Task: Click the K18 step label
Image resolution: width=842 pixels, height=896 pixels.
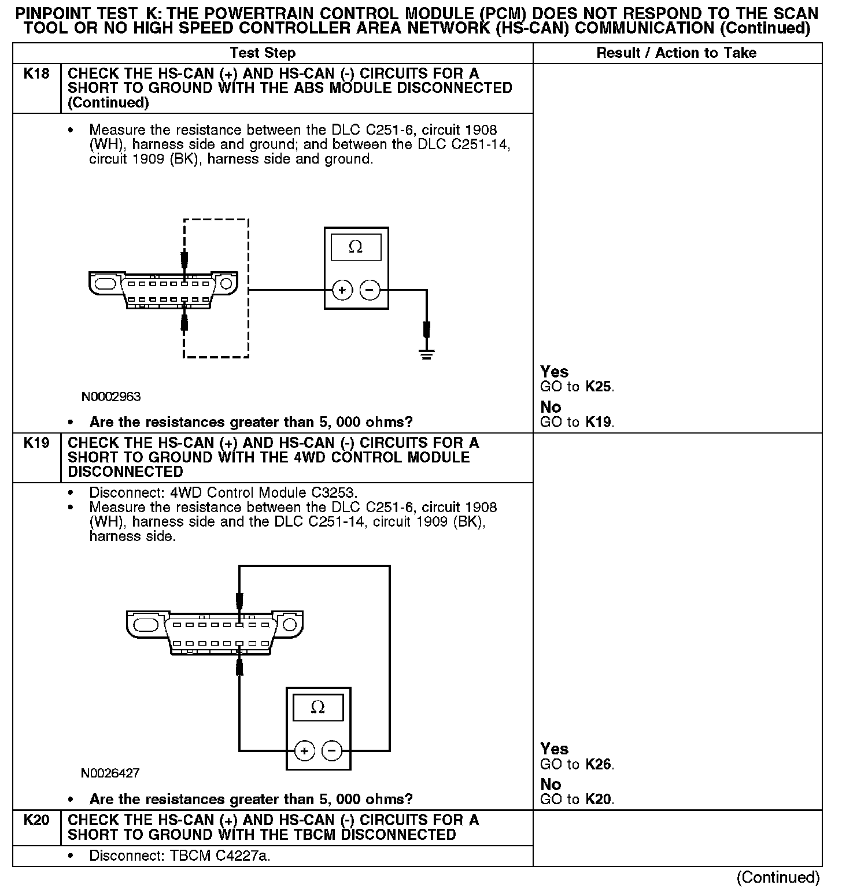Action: (36, 74)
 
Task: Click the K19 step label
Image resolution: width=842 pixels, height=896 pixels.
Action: (36, 443)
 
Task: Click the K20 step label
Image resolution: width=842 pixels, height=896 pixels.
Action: (36, 820)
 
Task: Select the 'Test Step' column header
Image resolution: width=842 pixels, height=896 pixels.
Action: (263, 53)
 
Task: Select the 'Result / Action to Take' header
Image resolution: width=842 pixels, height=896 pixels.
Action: (676, 53)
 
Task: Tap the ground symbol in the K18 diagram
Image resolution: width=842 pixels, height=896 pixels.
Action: (427, 354)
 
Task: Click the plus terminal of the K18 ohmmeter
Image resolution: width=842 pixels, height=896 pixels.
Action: (342, 290)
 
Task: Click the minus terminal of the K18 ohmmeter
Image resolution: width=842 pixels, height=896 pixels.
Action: (370, 290)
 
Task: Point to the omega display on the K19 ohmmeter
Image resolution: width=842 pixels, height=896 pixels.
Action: (318, 708)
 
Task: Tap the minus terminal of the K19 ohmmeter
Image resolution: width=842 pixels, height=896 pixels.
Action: (332, 751)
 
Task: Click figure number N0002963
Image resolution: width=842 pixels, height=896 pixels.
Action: (111, 397)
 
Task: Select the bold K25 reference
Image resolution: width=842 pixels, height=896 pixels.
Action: (599, 387)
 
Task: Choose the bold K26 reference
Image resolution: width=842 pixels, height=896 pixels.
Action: (599, 764)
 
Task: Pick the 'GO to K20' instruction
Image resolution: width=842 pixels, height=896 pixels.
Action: (577, 799)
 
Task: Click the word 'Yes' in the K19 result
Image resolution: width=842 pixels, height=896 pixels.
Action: (554, 749)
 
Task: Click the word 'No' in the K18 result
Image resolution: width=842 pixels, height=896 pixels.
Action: (551, 408)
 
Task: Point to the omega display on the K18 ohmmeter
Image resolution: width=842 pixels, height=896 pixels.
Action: (356, 247)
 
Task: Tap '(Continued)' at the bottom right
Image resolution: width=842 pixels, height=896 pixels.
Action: (778, 878)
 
